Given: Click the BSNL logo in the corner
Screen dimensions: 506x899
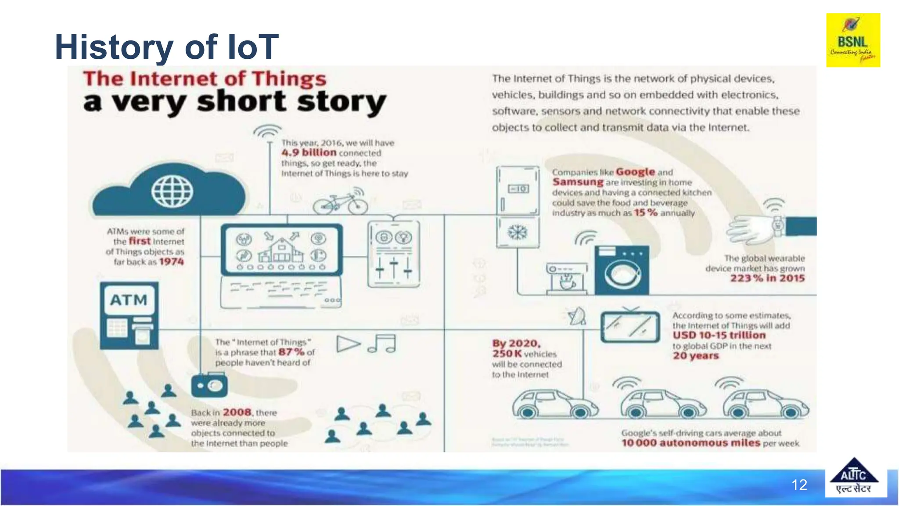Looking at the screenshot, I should pyautogui.click(x=853, y=40).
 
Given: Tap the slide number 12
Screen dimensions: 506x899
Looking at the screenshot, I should pyautogui.click(x=799, y=485).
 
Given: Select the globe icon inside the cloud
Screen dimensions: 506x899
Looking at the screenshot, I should pyautogui.click(x=172, y=192).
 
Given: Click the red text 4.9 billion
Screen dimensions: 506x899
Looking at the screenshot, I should pyautogui.click(x=309, y=152).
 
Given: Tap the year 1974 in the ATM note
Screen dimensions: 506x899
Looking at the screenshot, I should pyautogui.click(x=171, y=262).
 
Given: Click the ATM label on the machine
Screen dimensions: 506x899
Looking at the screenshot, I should pyautogui.click(x=129, y=300).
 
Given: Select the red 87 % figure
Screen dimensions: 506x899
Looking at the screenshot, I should pyautogui.click(x=291, y=352).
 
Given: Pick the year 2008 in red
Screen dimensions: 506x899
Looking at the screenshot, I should pyautogui.click(x=237, y=412).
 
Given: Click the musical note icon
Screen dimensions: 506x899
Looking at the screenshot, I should pyautogui.click(x=382, y=343).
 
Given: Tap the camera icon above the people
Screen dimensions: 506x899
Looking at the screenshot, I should pyautogui.click(x=209, y=386).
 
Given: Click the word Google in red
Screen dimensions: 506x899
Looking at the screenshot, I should pyautogui.click(x=635, y=172).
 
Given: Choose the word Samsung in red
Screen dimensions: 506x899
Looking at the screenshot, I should pyautogui.click(x=578, y=182).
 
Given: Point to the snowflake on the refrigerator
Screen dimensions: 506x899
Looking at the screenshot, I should pyautogui.click(x=518, y=232).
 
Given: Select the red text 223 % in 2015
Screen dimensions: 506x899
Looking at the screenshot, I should pyautogui.click(x=767, y=278).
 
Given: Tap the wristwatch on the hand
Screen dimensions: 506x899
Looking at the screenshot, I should pyautogui.click(x=778, y=226).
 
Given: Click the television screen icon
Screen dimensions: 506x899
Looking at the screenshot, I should pyautogui.click(x=630, y=327).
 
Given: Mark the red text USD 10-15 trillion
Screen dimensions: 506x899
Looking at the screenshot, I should pyautogui.click(x=719, y=335).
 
